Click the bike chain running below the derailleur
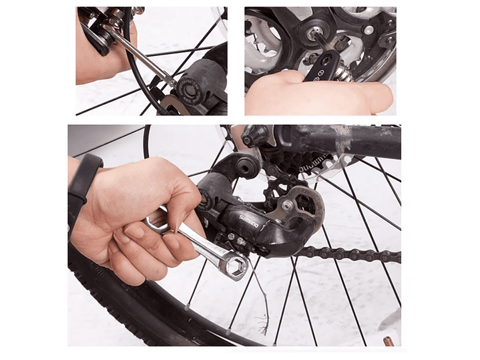pyautogui.click(x=347, y=254)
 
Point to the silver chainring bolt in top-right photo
pyautogui.click(x=368, y=29)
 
